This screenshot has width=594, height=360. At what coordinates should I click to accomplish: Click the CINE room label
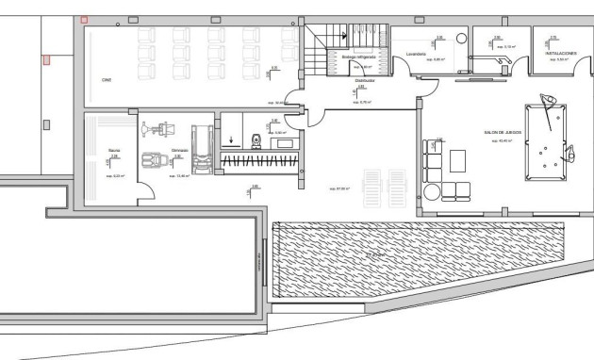click(x=107, y=80)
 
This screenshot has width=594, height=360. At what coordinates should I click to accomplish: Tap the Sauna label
click(x=113, y=148)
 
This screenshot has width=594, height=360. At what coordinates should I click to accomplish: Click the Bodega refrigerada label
click(x=358, y=57)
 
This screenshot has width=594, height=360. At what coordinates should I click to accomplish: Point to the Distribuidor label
click(x=365, y=81)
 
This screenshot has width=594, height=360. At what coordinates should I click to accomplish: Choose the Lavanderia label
click(x=417, y=55)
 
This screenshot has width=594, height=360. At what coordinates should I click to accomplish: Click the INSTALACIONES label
click(x=561, y=54)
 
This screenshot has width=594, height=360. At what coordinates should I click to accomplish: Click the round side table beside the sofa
click(x=432, y=191)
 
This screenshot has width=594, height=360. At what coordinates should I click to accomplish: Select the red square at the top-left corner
click(x=84, y=19)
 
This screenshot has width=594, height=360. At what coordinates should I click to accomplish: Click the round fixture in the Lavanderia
click(x=461, y=39)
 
